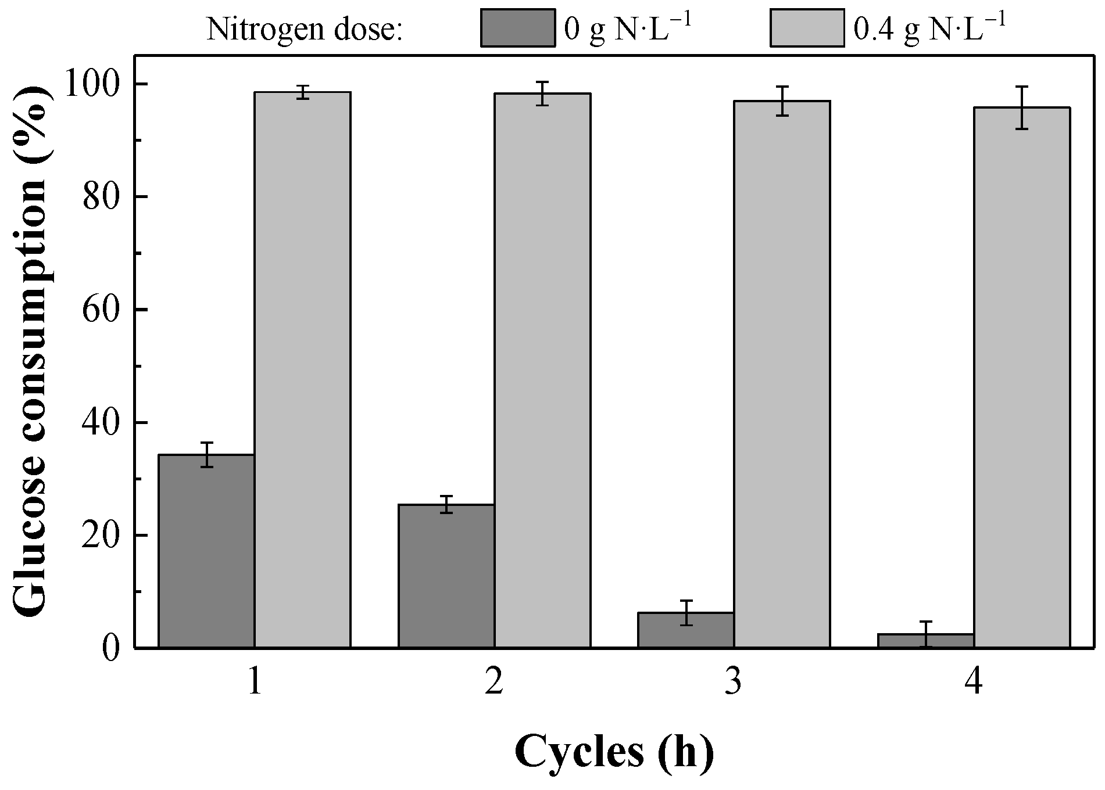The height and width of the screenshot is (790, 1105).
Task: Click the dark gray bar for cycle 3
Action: click(x=686, y=630)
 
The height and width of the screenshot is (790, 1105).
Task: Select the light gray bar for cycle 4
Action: click(x=1022, y=377)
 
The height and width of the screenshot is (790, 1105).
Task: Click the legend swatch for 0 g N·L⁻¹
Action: click(x=517, y=27)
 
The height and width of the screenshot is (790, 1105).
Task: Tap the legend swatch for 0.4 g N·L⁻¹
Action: click(x=807, y=27)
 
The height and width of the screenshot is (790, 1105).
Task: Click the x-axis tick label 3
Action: click(x=734, y=683)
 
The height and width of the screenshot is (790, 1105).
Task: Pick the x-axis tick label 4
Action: click(x=974, y=683)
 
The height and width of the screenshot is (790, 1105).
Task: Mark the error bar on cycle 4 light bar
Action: click(x=1022, y=107)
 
